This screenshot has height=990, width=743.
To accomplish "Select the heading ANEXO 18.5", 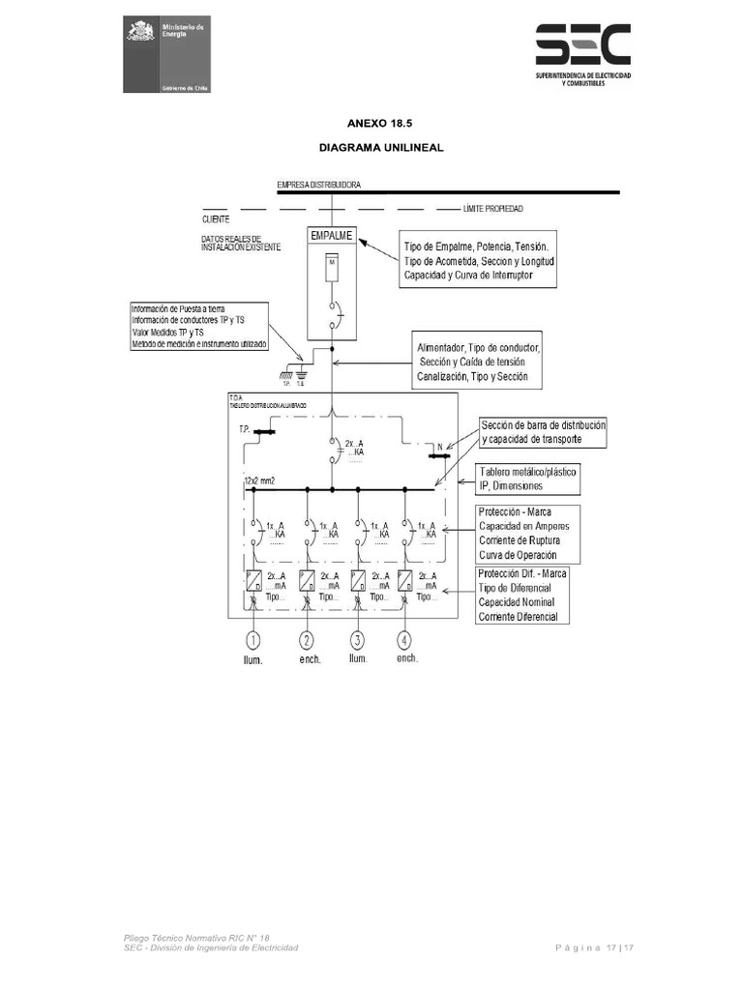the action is (x=371, y=124).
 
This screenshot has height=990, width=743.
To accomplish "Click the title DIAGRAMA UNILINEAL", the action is (x=371, y=149).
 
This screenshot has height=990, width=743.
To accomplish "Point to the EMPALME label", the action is (x=332, y=235).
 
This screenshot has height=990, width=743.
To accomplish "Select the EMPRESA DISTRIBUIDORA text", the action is (x=319, y=184).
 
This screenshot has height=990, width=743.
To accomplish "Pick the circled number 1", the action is (x=254, y=640).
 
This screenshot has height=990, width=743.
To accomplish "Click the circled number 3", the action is (x=357, y=640).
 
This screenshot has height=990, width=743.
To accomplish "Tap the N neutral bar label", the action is (x=440, y=448).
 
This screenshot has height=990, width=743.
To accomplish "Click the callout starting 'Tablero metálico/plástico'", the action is (x=527, y=479).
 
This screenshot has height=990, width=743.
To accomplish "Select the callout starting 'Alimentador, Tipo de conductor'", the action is (x=477, y=362).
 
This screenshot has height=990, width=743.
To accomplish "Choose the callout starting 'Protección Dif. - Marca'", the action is (x=527, y=595).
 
